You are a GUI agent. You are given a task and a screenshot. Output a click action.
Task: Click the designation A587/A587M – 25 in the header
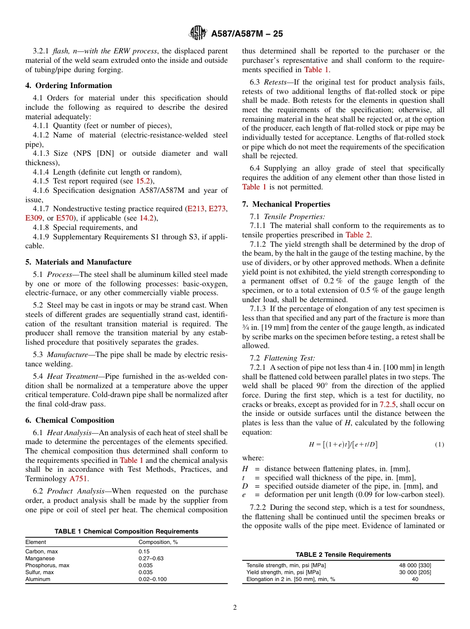pyautogui.click(x=247, y=34)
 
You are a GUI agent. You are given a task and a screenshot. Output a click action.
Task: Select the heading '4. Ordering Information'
pyautogui.click(x=69, y=86)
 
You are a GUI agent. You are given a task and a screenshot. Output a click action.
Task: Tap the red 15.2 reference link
pyautogui.click(x=142, y=181)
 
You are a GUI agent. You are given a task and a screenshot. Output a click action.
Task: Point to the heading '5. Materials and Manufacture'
pyautogui.click(x=78, y=262)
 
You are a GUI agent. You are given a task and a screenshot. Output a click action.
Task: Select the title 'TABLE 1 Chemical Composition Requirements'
pyautogui.click(x=126, y=532)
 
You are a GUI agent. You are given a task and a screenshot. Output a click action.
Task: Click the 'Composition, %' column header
pyautogui.click(x=158, y=542)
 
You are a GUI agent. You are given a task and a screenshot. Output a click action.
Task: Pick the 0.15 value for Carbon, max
pyautogui.click(x=143, y=551)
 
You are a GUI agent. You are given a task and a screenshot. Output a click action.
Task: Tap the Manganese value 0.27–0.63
pyautogui.click(x=150, y=558)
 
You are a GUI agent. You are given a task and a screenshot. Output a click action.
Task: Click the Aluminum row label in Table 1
pyautogui.click(x=38, y=579)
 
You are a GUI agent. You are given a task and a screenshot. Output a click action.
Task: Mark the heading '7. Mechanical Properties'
pyautogui.click(x=286, y=204)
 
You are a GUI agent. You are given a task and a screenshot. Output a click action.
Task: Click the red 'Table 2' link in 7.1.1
pyautogui.click(x=357, y=235)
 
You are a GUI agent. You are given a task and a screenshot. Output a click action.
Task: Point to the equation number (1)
pyautogui.click(x=439, y=445)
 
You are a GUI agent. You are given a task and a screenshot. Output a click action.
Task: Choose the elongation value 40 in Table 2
pyautogui.click(x=415, y=579)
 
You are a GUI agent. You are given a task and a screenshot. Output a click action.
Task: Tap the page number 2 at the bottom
pyautogui.click(x=235, y=608)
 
